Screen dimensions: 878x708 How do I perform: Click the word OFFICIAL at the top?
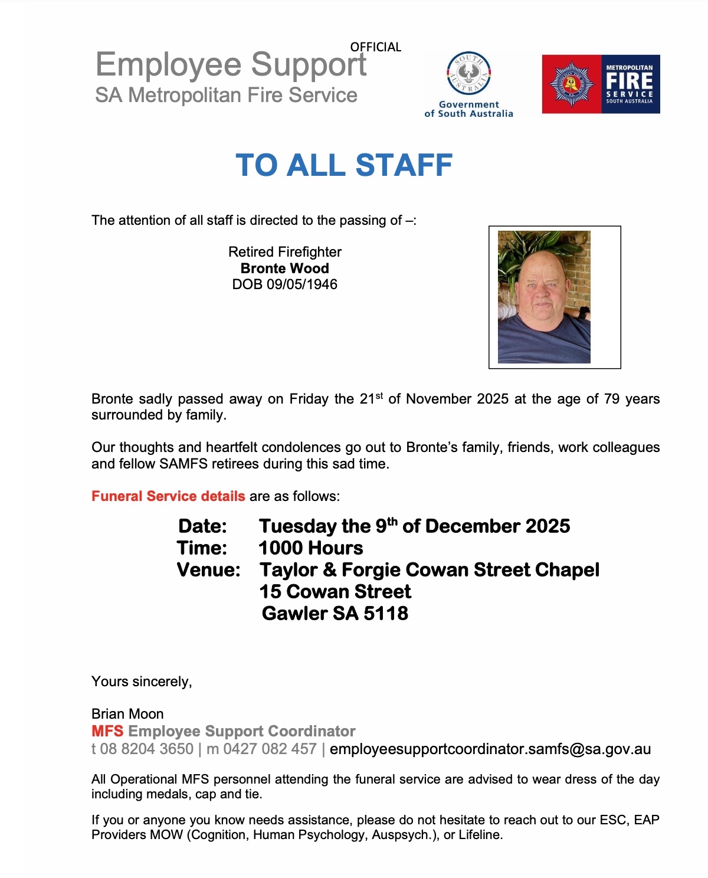375,47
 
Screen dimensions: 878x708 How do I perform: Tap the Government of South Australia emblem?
469,74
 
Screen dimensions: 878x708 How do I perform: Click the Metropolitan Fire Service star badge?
571,84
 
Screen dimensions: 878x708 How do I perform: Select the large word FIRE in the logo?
629,81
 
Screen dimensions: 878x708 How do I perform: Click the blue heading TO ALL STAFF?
344,165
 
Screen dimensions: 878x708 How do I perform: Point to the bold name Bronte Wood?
284,268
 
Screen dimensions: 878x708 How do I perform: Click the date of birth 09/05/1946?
301,284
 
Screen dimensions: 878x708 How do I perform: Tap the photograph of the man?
544,297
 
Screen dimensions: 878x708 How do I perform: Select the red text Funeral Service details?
168,496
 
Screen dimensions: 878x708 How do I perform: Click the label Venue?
208,570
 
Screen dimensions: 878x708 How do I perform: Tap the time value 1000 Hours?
311,548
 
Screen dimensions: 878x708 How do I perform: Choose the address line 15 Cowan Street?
335,592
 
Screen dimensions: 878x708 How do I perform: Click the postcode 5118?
386,614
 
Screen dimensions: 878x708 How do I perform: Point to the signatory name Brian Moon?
127,714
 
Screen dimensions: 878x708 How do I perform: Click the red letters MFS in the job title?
107,732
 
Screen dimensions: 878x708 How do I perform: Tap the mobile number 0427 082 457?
270,749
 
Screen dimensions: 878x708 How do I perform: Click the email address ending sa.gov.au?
490,749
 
